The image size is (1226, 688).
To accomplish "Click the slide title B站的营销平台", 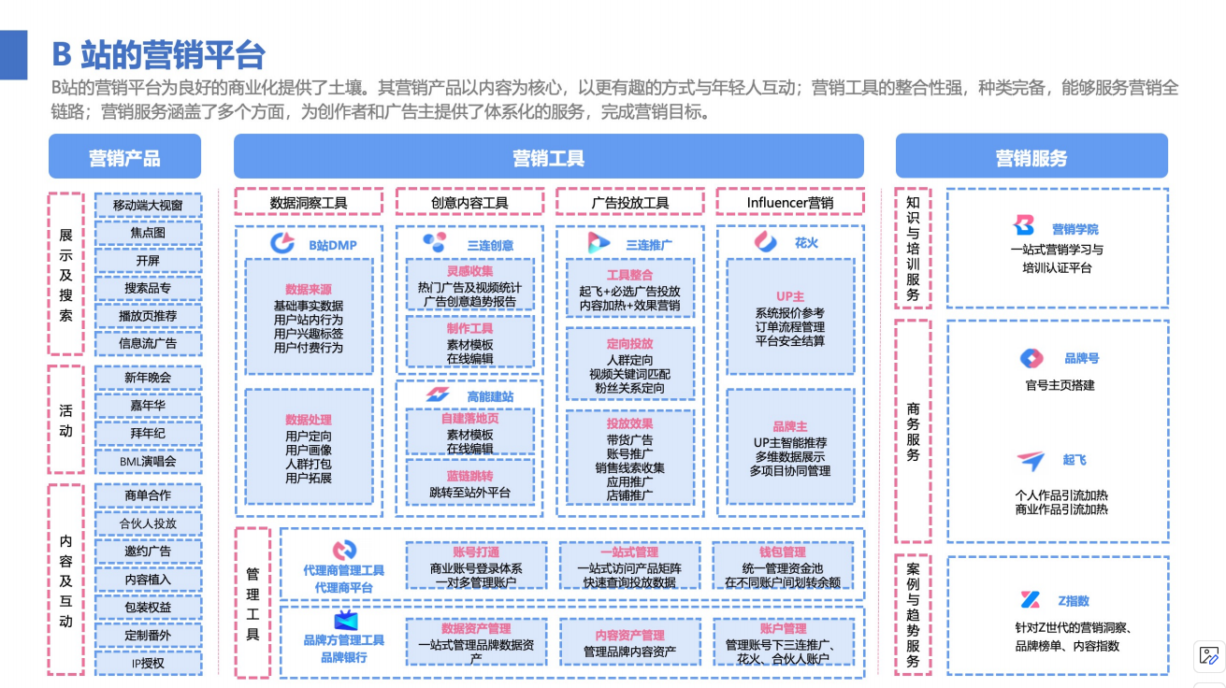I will [x=158, y=54].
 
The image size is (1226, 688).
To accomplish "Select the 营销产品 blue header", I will [x=124, y=157].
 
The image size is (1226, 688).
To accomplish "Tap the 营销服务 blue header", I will [x=1031, y=157].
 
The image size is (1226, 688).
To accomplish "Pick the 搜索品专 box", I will [x=148, y=288].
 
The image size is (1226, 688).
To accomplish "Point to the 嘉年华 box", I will [x=148, y=405].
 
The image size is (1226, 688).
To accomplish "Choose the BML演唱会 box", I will [x=148, y=461].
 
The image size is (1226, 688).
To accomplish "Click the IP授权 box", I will [x=148, y=663].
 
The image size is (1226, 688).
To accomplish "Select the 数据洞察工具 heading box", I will [x=309, y=202].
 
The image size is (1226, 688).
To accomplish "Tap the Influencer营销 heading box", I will [x=789, y=202].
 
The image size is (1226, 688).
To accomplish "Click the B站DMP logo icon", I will [x=282, y=243].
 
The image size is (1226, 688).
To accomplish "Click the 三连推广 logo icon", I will [x=599, y=242].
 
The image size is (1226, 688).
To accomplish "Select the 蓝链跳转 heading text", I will [x=469, y=476].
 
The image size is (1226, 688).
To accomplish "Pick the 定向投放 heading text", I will [x=629, y=343].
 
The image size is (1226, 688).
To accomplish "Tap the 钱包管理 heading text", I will [x=782, y=552].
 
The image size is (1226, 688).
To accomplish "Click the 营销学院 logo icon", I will [x=1024, y=225].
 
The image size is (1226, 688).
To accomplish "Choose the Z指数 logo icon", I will [x=1030, y=600].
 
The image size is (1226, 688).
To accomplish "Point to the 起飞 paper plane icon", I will [x=1031, y=460].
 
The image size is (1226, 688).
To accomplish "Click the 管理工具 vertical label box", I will [x=252, y=602].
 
